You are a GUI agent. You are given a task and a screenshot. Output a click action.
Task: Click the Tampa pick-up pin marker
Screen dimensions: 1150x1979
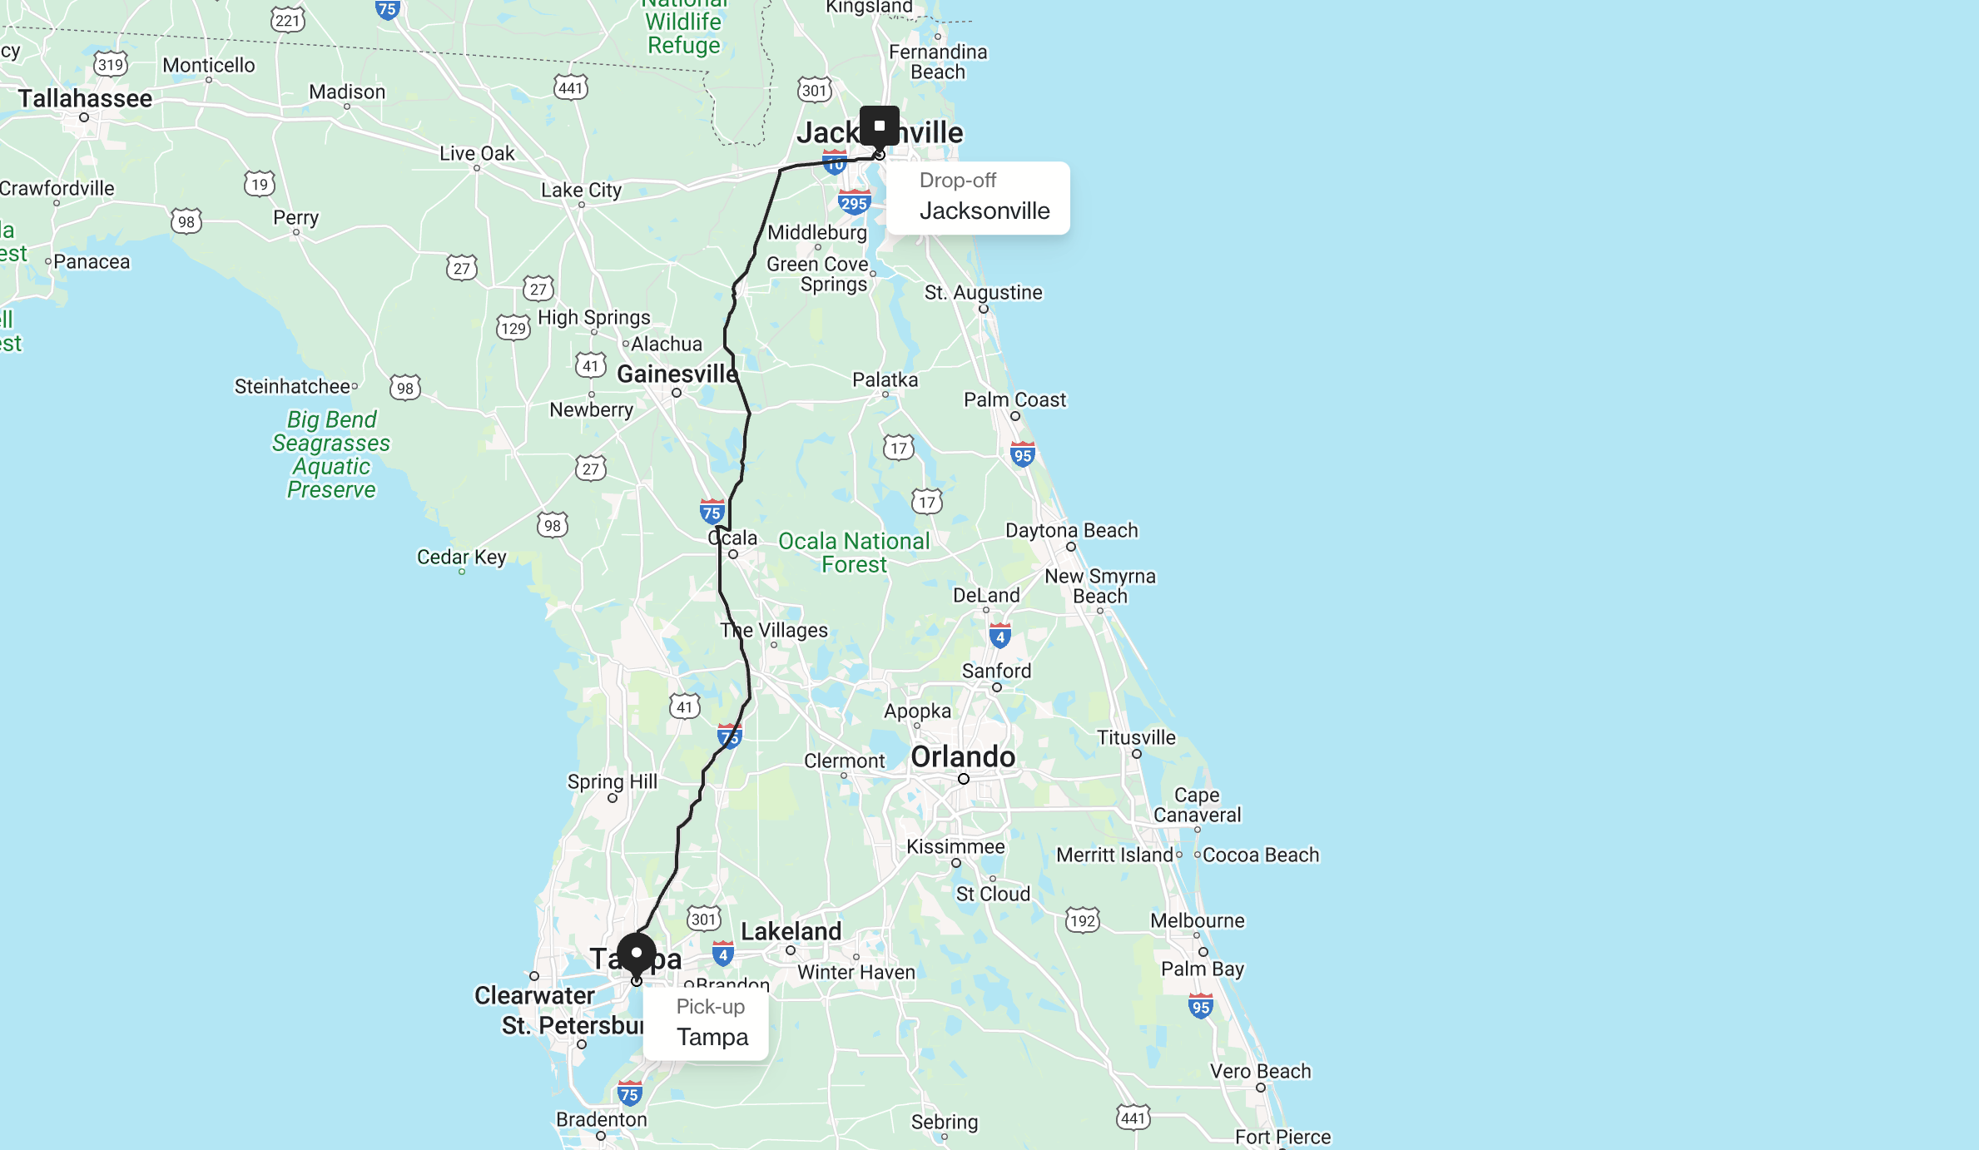click(x=637, y=954)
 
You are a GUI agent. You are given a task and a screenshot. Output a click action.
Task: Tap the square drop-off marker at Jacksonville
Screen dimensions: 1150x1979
click(x=879, y=126)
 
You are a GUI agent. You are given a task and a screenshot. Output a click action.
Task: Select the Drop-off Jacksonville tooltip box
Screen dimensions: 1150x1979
click(x=978, y=198)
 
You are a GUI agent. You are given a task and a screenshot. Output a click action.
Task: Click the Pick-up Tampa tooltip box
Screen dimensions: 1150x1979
click(x=706, y=1024)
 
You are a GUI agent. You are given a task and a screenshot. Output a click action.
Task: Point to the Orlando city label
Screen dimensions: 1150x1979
click(x=963, y=756)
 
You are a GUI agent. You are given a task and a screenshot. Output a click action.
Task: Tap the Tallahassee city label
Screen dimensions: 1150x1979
click(x=85, y=98)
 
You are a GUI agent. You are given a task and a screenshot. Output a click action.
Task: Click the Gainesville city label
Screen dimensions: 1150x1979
click(x=677, y=374)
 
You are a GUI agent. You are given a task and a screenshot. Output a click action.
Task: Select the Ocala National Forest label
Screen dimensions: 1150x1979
click(x=854, y=553)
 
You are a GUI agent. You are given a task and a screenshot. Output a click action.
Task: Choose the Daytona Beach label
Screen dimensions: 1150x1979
click(x=1071, y=530)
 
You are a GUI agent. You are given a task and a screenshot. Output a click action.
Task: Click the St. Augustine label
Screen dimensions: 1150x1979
click(x=983, y=292)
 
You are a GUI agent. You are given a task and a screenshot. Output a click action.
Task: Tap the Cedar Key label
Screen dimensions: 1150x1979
click(x=461, y=557)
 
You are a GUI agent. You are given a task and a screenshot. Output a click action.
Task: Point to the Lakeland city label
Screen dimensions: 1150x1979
click(x=791, y=931)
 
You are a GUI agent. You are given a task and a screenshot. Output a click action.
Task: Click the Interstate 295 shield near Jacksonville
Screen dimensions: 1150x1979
click(x=854, y=202)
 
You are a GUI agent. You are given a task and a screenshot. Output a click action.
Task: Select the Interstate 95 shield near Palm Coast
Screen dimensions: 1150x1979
click(x=1023, y=454)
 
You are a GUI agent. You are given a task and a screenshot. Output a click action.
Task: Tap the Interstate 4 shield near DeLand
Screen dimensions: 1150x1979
click(x=999, y=637)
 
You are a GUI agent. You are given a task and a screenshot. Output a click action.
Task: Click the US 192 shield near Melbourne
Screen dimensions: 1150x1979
click(x=1083, y=920)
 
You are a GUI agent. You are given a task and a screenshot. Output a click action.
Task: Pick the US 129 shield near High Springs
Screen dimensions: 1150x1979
click(x=513, y=328)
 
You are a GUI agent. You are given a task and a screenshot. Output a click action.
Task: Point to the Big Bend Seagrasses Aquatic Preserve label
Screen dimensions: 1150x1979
click(x=331, y=454)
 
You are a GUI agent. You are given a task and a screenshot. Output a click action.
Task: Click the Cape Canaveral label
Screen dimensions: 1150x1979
click(x=1197, y=805)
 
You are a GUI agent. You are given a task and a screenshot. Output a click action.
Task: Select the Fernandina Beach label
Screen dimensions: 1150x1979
click(x=938, y=62)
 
